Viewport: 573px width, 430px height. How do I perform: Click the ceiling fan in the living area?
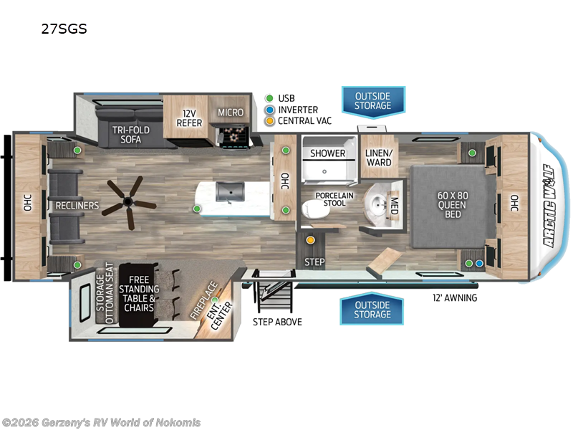128,202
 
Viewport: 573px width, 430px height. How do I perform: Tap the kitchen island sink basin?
229,191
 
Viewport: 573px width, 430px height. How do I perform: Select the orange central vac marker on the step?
310,240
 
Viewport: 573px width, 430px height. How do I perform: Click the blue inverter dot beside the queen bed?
479,263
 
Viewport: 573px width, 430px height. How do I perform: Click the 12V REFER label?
189,118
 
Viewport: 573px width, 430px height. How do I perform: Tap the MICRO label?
231,113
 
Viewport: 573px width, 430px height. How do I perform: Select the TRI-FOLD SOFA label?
131,135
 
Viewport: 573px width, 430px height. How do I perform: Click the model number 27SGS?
64,29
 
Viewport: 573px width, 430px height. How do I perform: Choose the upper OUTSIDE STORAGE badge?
373,102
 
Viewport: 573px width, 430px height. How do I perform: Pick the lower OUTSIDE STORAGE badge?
372,309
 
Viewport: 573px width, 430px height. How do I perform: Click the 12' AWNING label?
455,297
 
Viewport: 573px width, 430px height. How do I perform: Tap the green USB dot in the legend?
269,98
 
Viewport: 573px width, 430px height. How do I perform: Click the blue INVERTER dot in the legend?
270,110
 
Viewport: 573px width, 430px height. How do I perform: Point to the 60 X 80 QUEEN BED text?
453,205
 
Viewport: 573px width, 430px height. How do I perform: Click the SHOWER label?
328,153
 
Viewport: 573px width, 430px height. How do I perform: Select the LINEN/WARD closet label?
379,158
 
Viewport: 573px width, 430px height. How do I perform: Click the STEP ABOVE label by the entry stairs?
277,322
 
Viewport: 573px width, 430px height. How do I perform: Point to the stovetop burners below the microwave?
234,135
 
